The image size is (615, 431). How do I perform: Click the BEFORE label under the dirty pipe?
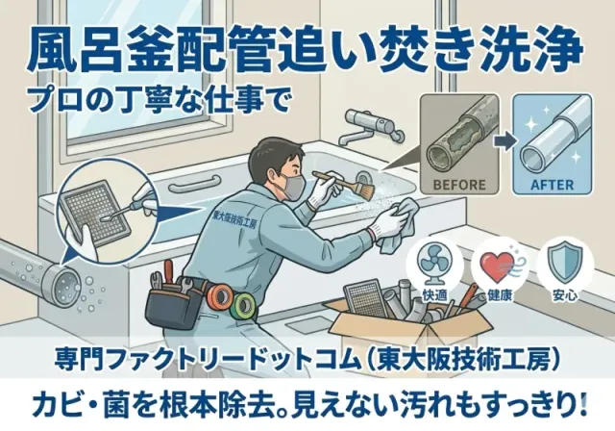click(x=459, y=185)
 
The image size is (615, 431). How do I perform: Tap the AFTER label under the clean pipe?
click(x=552, y=185)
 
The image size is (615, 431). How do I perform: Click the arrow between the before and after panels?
click(x=506, y=141)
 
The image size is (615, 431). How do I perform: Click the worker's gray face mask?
click(x=293, y=187)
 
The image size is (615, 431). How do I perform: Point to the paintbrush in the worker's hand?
click(x=345, y=184)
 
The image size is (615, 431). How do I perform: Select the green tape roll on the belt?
click(x=244, y=305)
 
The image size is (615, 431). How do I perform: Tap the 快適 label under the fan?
click(x=435, y=295)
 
